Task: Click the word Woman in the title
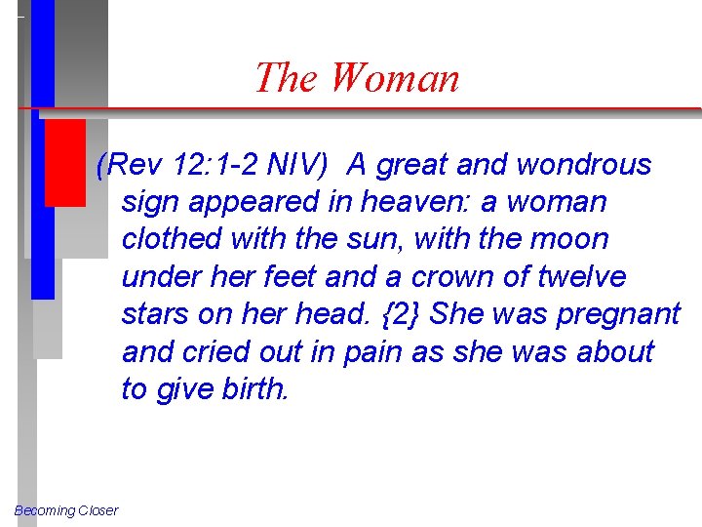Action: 395,78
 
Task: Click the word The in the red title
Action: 288,78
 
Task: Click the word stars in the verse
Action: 147,314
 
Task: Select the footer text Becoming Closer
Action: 66,510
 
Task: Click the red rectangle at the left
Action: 66,162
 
